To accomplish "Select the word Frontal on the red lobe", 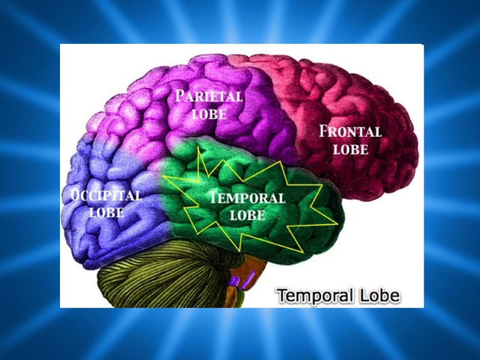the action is coord(350,131).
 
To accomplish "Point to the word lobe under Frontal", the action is coord(350,149).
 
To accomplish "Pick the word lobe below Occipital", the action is coord(107,212).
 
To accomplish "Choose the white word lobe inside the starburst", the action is coord(247,214).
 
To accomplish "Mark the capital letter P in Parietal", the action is coord(179,95).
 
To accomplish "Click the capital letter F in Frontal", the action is coord(324,130).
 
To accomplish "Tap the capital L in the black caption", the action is coord(359,296).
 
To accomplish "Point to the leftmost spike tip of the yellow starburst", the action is coord(164,178).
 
